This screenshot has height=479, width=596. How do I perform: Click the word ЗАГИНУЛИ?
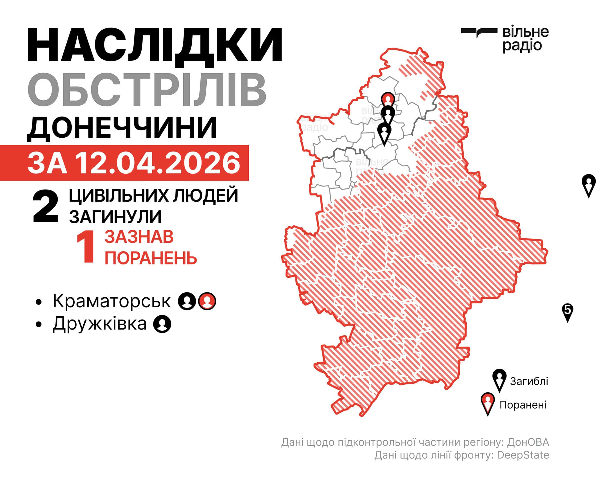pyautogui.click(x=115, y=217)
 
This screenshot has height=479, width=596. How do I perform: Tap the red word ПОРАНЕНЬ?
pyautogui.click(x=151, y=258)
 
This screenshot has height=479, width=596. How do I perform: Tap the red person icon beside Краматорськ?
pyautogui.click(x=207, y=301)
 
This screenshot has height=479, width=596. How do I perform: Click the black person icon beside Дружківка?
pyautogui.click(x=162, y=324)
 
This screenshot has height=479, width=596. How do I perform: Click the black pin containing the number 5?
pyautogui.click(x=568, y=311)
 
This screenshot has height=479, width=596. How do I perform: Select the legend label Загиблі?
pyautogui.click(x=529, y=381)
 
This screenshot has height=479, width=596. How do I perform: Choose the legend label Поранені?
pyautogui.click(x=523, y=405)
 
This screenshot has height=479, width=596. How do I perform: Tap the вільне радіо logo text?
pyautogui.click(x=525, y=39)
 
